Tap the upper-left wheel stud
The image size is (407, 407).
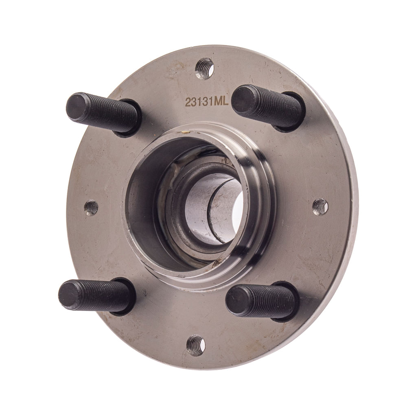click(x=104, y=113)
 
